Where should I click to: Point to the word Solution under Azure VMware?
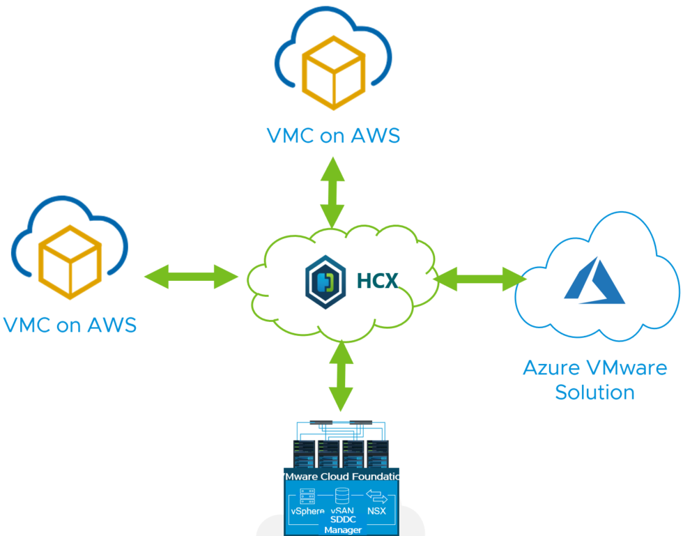594,392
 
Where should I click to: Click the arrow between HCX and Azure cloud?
479,279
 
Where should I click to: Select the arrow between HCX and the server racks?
341,375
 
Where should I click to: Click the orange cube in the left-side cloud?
70,262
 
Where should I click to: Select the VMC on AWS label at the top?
333,135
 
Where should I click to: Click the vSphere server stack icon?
307,496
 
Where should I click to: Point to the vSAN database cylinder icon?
341,496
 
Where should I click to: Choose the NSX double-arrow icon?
377,496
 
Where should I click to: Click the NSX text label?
377,512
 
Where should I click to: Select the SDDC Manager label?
342,525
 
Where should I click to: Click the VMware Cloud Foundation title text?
341,476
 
